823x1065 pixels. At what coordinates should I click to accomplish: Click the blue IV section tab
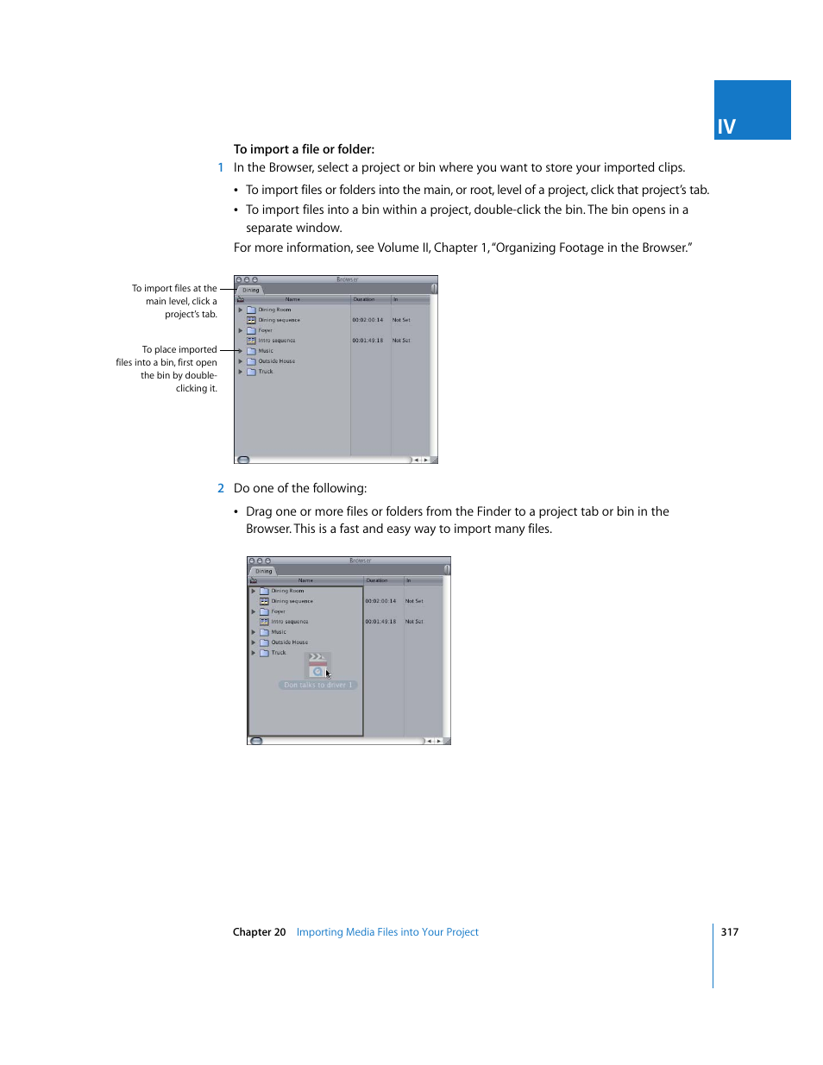click(x=751, y=110)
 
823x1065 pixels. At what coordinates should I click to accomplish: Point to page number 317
click(x=729, y=932)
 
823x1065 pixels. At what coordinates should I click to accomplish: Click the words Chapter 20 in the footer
click(x=259, y=932)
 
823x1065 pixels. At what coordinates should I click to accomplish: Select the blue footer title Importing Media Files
click(x=387, y=932)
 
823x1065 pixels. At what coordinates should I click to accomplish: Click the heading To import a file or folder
click(x=304, y=149)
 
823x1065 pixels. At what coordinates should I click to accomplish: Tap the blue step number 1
click(x=221, y=168)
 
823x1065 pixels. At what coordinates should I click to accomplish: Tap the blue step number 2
click(x=221, y=489)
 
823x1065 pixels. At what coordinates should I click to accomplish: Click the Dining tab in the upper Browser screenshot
click(x=250, y=290)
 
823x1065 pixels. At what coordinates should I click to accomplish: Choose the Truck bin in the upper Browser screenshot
click(x=266, y=372)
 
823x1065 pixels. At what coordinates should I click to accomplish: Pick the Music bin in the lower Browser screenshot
click(x=279, y=632)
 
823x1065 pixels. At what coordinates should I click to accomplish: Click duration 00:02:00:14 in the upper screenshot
click(x=368, y=320)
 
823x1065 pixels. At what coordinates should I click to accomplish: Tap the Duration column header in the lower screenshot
click(x=377, y=580)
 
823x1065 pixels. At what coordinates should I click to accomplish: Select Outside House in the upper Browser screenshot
click(x=276, y=361)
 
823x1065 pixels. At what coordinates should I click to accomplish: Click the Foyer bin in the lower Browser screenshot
click(x=278, y=611)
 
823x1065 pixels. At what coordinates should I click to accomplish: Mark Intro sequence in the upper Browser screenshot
click(x=276, y=341)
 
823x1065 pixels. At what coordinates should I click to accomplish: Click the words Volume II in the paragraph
click(x=398, y=248)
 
